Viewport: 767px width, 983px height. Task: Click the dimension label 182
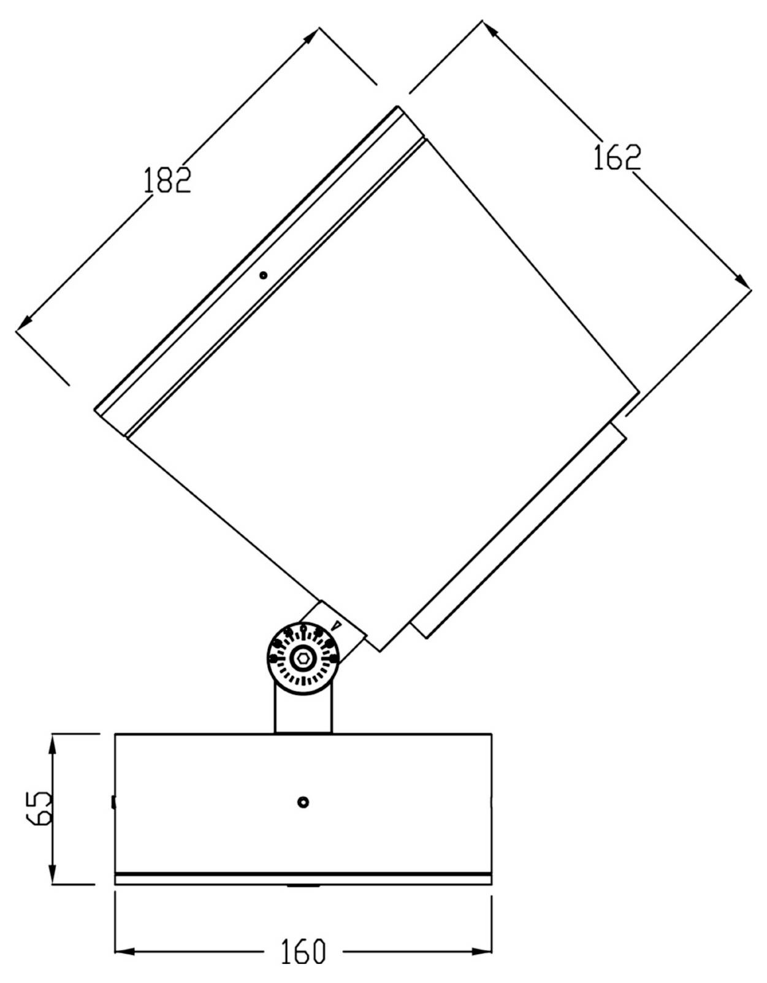167,180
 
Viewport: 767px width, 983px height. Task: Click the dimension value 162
617,157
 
